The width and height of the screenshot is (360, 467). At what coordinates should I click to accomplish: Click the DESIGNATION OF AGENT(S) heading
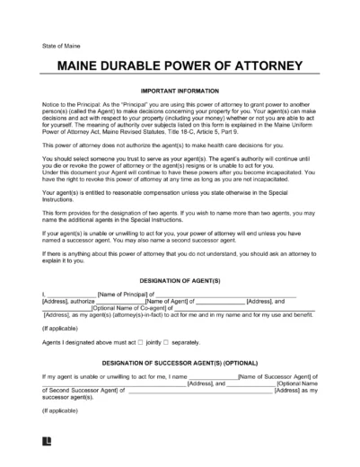point(180,279)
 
